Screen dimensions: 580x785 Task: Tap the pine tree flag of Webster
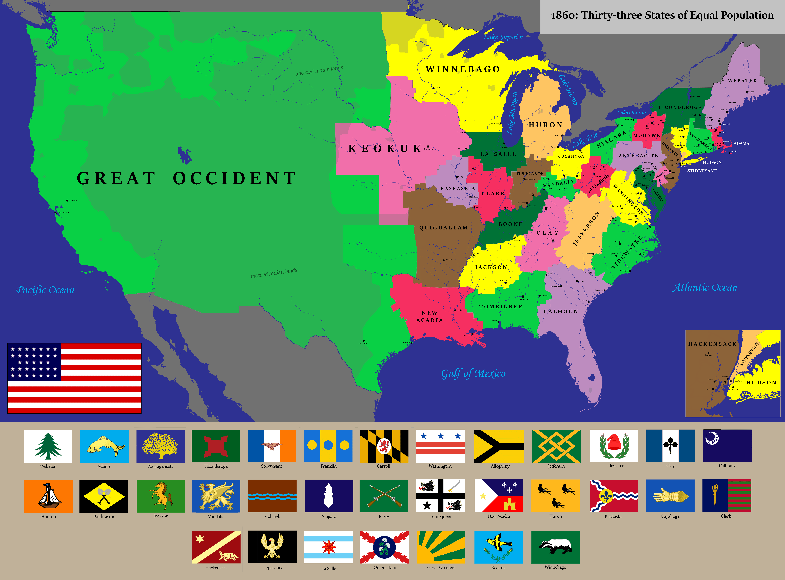click(x=48, y=446)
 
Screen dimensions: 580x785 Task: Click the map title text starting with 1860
click(x=662, y=15)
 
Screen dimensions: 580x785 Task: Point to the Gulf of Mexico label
click(x=473, y=373)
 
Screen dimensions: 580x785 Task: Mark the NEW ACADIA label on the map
click(x=429, y=316)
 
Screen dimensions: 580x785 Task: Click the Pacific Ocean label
click(x=45, y=290)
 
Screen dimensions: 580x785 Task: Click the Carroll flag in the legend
click(x=384, y=446)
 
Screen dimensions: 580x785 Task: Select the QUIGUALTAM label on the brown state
click(x=444, y=227)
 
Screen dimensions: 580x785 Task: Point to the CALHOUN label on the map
click(x=561, y=311)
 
